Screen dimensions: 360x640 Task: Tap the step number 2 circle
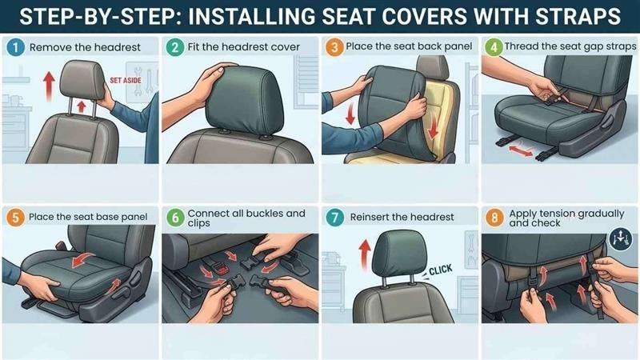[x=175, y=47]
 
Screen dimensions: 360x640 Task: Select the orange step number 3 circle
[x=334, y=47]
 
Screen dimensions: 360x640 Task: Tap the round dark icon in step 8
[x=618, y=238]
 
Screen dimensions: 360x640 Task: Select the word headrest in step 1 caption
[x=117, y=47]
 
